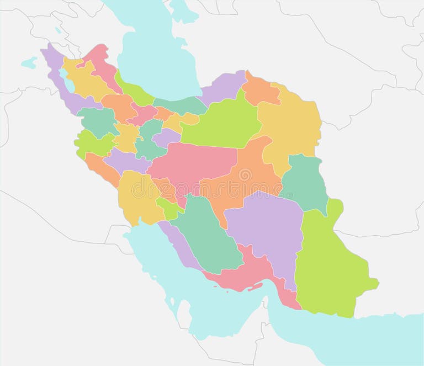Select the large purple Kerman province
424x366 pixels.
265,226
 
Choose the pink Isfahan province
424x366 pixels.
190,163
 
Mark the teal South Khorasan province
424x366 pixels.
304,182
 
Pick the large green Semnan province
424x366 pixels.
221,124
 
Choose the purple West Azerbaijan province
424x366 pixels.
61,83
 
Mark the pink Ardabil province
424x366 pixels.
102,63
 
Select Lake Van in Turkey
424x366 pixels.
29,62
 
